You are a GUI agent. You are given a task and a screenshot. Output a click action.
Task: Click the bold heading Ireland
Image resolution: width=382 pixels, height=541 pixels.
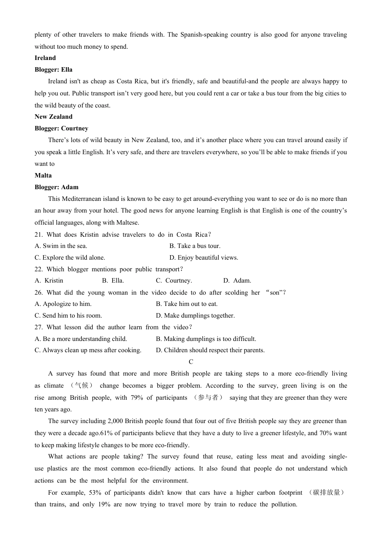click(45, 58)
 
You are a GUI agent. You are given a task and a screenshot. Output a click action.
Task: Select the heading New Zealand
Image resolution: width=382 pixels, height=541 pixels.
click(53, 117)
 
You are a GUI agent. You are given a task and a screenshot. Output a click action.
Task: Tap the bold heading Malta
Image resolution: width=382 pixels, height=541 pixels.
click(43, 176)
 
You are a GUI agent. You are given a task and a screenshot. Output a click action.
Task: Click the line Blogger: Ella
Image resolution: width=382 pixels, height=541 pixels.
click(53, 70)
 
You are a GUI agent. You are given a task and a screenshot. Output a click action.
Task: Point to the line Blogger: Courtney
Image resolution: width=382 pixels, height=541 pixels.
click(61, 128)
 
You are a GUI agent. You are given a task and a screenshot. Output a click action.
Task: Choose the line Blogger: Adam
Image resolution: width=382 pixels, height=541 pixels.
click(56, 187)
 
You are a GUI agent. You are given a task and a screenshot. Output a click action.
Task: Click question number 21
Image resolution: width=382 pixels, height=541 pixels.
click(38, 235)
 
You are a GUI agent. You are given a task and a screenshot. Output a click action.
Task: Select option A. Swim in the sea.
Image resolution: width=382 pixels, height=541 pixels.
click(61, 246)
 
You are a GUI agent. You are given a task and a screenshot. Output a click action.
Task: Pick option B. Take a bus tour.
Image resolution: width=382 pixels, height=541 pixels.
click(195, 246)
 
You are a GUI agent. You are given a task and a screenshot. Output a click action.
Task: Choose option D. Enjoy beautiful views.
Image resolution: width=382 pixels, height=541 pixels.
click(203, 258)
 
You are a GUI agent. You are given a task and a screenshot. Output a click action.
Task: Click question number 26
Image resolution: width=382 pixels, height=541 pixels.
click(38, 293)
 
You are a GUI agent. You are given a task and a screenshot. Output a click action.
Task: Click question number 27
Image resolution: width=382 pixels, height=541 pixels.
click(38, 327)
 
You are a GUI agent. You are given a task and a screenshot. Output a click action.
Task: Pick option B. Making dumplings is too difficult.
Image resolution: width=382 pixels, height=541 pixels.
click(206, 339)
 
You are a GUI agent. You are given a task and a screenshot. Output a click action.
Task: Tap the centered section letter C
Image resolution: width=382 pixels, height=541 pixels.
click(191, 362)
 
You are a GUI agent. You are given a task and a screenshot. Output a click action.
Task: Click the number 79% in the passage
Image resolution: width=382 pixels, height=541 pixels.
click(137, 398)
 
